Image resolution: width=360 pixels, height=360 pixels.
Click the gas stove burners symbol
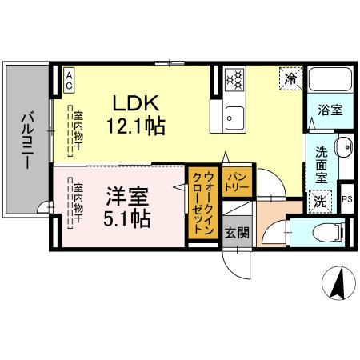pyautogui.click(x=234, y=78)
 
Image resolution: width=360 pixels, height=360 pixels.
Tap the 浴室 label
pyautogui.click(x=329, y=110)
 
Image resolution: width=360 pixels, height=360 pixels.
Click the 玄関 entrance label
pyautogui.click(x=237, y=234)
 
